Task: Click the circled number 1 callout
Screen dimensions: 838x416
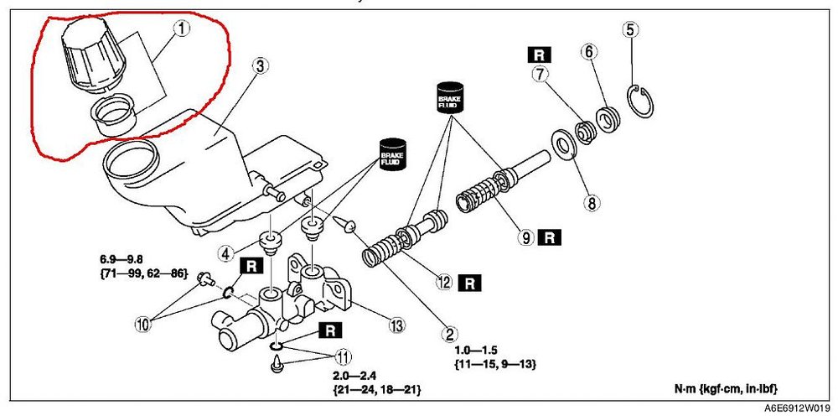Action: pyautogui.click(x=181, y=29)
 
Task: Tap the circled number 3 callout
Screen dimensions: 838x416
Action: pyautogui.click(x=260, y=67)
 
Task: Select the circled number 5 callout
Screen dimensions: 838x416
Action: pyautogui.click(x=631, y=30)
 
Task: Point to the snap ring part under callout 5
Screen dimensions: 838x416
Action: pyautogui.click(x=640, y=101)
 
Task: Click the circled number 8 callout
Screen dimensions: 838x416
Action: pyautogui.click(x=592, y=202)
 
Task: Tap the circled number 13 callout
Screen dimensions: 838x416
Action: pyautogui.click(x=396, y=325)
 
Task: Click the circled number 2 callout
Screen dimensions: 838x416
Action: pyautogui.click(x=449, y=335)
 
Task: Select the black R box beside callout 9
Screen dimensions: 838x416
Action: pyautogui.click(x=549, y=237)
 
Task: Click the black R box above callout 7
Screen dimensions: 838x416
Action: pyautogui.click(x=540, y=55)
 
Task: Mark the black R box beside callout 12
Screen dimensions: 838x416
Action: pyautogui.click(x=468, y=283)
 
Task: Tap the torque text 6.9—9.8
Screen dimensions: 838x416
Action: pyautogui.click(x=120, y=260)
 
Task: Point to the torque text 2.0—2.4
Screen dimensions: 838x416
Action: pyautogui.click(x=351, y=377)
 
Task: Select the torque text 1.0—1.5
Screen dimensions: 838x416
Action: pyautogui.click(x=476, y=351)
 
